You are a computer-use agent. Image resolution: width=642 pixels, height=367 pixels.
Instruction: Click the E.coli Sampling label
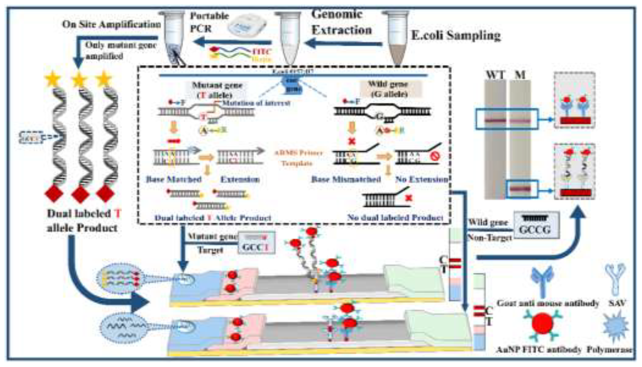point(456,35)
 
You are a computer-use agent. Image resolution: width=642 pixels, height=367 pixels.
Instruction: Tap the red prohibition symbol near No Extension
point(435,157)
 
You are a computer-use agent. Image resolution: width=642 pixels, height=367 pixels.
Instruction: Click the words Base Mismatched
point(346,179)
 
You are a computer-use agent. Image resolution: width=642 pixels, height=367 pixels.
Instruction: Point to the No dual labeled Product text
point(395,217)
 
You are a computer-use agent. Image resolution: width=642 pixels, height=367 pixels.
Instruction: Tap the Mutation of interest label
point(256,103)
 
